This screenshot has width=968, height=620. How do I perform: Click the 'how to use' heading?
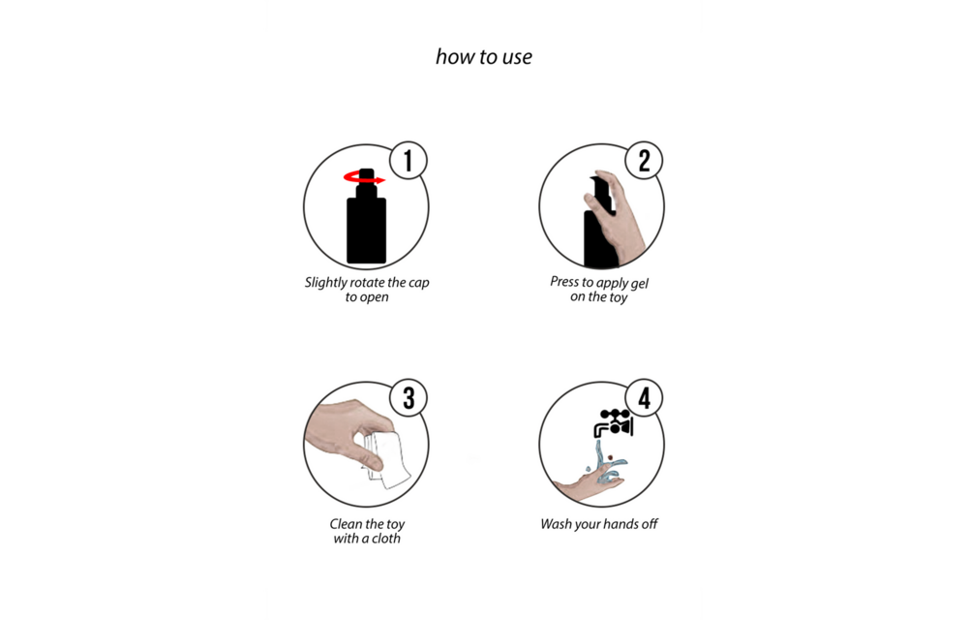[483, 57]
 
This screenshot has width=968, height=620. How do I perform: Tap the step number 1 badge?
[408, 161]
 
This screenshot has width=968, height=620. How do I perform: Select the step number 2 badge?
[644, 161]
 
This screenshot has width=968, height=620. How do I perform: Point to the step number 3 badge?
[408, 398]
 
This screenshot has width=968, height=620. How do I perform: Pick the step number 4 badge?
[644, 398]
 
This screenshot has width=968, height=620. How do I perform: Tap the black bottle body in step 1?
[366, 230]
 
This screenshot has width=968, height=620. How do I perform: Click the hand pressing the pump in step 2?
[615, 213]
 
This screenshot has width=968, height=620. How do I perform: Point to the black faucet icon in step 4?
[614, 423]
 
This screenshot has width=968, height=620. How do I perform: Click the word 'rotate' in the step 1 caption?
[367, 283]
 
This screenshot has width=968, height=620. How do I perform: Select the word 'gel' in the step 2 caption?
[639, 284]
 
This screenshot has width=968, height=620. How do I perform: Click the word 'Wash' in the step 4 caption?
[556, 524]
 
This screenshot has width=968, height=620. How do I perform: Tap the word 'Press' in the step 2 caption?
[565, 282]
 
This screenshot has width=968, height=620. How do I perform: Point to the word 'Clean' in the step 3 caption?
[346, 524]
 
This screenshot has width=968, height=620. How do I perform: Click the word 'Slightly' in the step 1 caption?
[325, 283]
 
